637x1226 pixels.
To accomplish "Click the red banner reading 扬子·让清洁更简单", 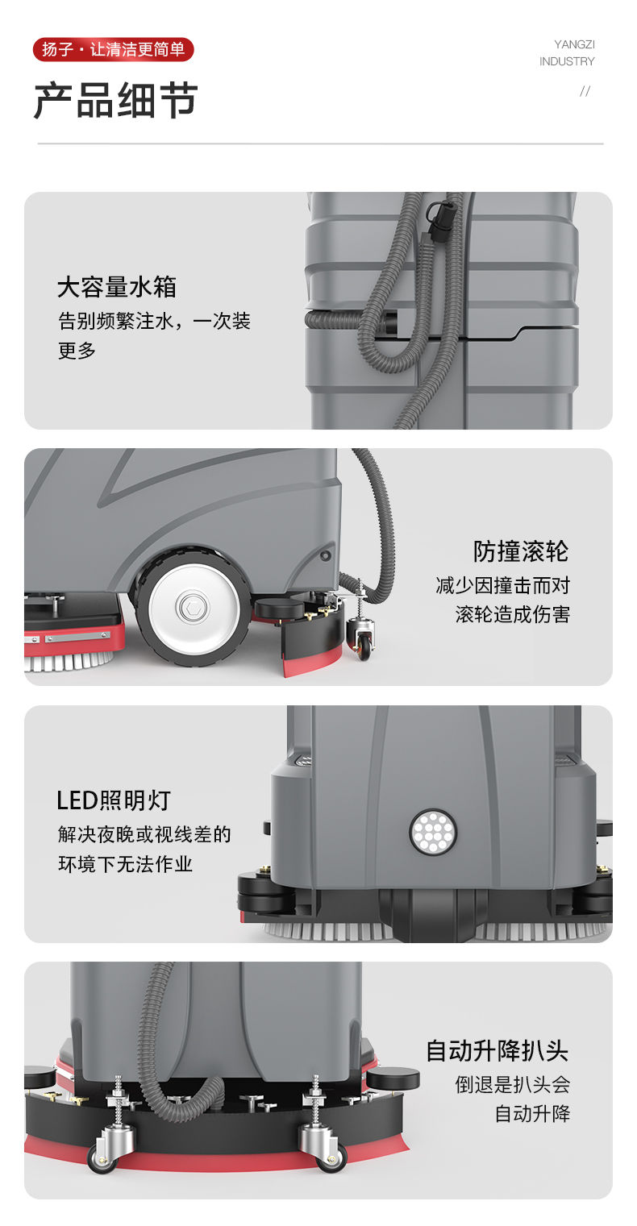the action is tap(114, 49).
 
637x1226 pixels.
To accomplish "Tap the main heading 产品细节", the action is tap(115, 100).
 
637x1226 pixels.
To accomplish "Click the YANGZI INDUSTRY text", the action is tap(567, 52).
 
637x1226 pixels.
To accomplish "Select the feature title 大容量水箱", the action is tap(117, 287).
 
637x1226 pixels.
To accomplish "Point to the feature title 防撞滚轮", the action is tap(521, 551).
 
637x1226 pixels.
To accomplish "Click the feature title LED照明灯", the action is tap(114, 800).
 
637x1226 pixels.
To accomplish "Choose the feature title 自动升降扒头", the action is tap(498, 1050).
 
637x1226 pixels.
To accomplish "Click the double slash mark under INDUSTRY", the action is tap(585, 91).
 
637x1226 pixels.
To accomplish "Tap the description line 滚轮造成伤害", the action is tap(512, 614).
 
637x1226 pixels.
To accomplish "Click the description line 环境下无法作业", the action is tap(126, 863).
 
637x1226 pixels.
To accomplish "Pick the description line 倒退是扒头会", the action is tap(512, 1084).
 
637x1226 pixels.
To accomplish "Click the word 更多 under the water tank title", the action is tap(77, 350).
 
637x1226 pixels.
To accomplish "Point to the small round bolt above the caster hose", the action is tap(325, 555).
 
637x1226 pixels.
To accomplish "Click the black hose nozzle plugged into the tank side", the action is tap(390, 321).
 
